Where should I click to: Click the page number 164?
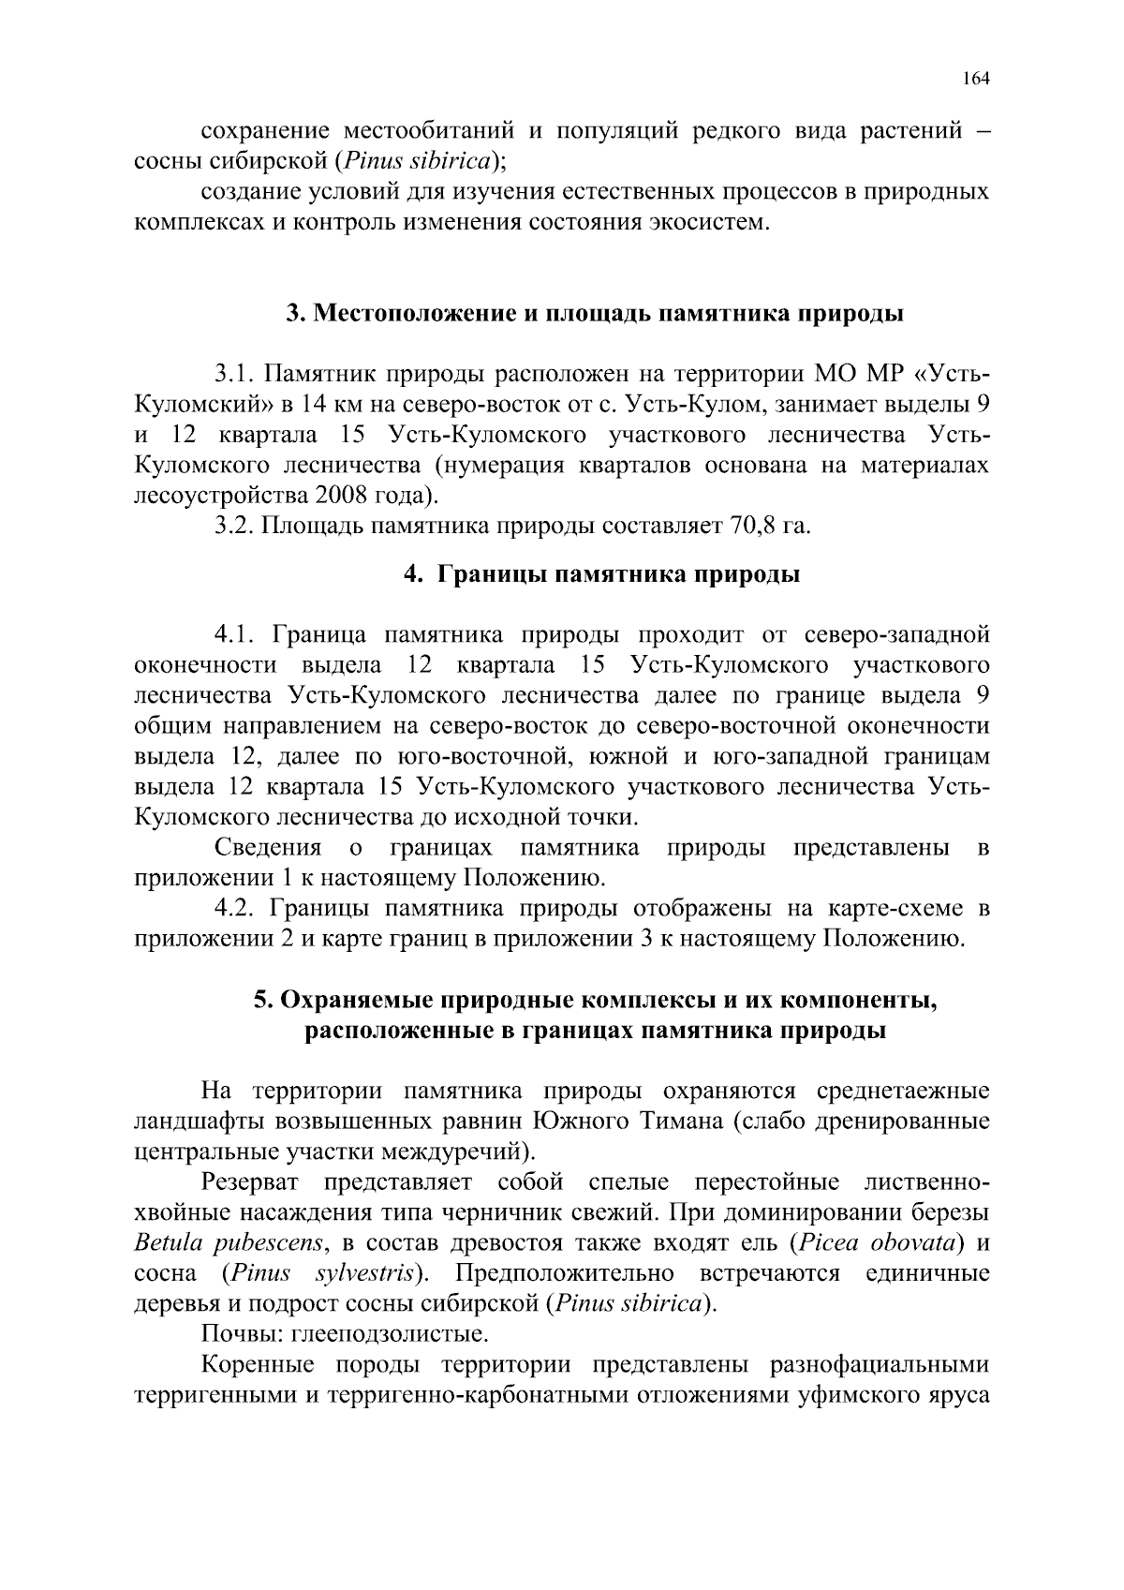(975, 79)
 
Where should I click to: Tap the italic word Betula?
(167, 1243)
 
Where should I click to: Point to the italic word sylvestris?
(365, 1274)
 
